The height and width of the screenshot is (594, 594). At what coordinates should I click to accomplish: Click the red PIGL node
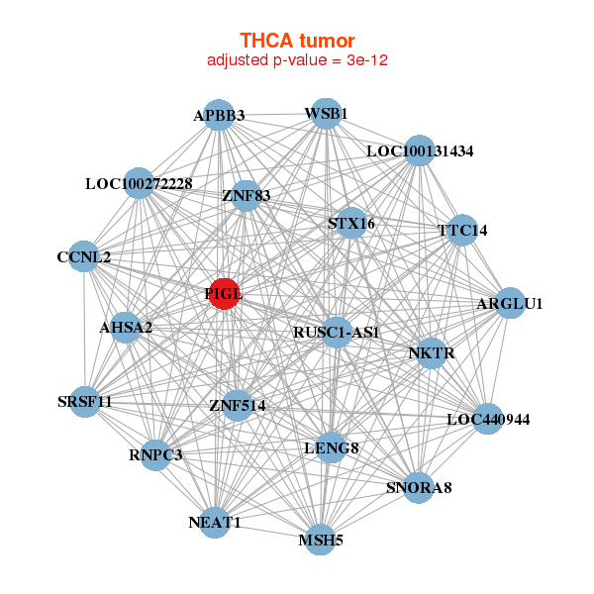point(225,294)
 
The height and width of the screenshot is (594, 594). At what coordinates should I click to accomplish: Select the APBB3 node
point(219,115)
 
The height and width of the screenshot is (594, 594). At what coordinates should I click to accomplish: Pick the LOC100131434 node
point(420,150)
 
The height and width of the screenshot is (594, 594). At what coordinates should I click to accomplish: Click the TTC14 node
point(462,230)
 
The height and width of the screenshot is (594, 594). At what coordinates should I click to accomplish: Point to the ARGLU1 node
point(509,303)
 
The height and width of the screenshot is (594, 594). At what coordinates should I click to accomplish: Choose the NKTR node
point(431,352)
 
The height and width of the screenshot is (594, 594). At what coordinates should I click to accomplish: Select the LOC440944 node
point(487,419)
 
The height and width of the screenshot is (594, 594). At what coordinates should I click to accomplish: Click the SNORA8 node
point(418,487)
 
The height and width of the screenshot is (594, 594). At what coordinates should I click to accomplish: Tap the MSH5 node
point(320,540)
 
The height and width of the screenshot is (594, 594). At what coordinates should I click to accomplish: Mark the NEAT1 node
point(215,521)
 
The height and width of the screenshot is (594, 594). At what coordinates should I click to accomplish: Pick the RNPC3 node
point(155,455)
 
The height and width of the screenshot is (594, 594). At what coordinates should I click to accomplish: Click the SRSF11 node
point(85,402)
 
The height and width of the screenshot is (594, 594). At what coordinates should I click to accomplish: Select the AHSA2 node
point(125,328)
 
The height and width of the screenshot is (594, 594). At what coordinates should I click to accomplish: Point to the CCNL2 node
point(84,256)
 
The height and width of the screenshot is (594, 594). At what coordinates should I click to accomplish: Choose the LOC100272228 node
point(139,183)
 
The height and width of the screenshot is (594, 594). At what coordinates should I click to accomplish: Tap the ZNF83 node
point(246,195)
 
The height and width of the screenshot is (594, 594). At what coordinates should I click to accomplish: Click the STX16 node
point(350,224)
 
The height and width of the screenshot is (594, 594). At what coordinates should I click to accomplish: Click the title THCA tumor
point(297,41)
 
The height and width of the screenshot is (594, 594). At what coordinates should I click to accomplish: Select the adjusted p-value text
point(297,60)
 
